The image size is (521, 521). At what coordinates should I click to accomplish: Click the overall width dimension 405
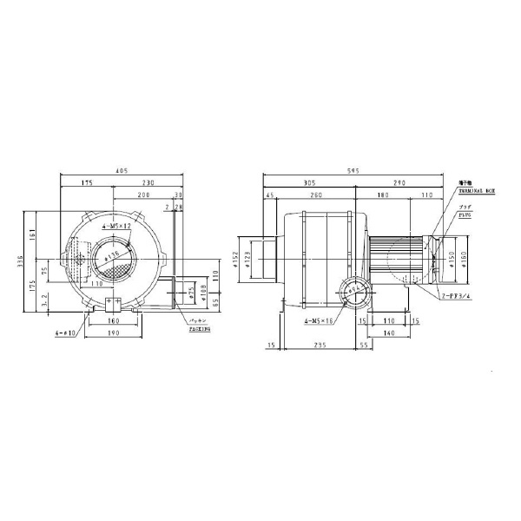122,172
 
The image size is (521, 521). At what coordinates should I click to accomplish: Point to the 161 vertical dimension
33,234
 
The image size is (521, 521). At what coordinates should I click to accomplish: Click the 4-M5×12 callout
115,226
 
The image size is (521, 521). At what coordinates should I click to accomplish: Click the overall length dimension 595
364,172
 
